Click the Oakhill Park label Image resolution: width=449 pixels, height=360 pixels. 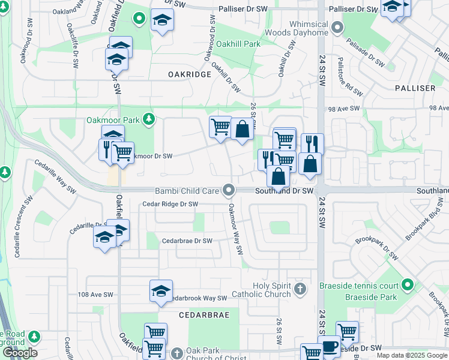(x=238, y=44)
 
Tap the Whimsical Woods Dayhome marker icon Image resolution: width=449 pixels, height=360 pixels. (x=337, y=27)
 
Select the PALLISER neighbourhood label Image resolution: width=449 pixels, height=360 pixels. (x=415, y=88)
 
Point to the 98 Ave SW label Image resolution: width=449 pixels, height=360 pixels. (x=343, y=109)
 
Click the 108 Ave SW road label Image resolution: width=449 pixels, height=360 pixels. (x=95, y=295)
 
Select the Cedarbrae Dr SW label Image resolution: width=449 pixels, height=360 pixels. (x=187, y=241)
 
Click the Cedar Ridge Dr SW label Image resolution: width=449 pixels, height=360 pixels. (x=170, y=204)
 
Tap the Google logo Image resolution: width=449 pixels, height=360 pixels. (x=19, y=353)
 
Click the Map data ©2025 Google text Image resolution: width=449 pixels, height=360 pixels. (x=412, y=356)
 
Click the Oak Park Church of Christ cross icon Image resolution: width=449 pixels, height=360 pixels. (x=176, y=352)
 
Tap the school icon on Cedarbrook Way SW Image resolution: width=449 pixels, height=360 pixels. (x=161, y=290)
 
